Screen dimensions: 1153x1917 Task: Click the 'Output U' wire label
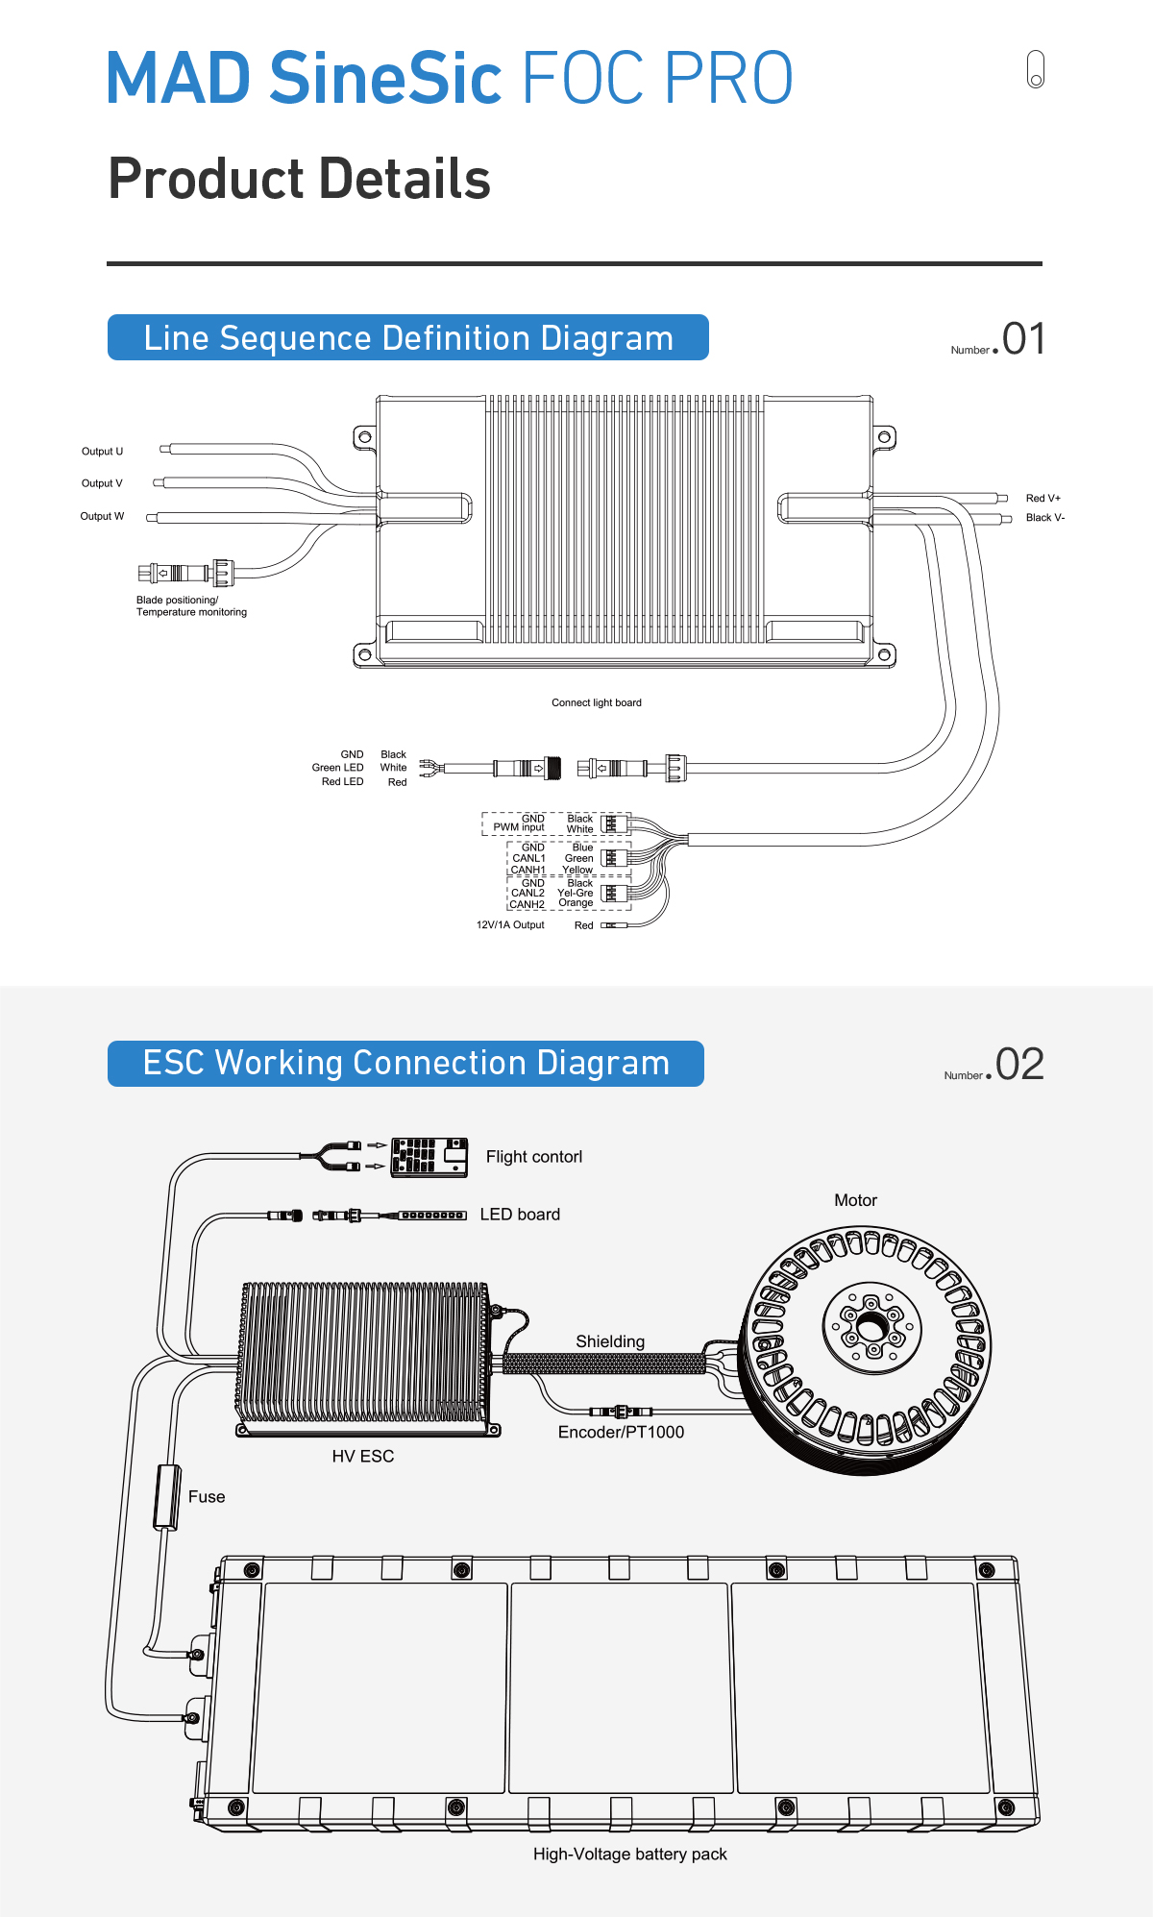[x=102, y=452]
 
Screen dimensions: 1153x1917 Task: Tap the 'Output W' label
[x=102, y=516]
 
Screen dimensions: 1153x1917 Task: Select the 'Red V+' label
[x=1043, y=498]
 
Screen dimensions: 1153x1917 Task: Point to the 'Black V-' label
[x=1045, y=517]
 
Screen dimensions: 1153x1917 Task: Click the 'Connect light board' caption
[x=597, y=702]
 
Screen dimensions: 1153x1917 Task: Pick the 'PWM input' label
[x=519, y=827]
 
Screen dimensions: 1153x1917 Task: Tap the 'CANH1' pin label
[x=527, y=870]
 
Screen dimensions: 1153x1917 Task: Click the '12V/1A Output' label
[x=510, y=924]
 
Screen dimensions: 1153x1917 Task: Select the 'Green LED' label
[x=337, y=767]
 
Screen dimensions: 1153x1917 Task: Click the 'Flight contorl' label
[x=534, y=1157]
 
